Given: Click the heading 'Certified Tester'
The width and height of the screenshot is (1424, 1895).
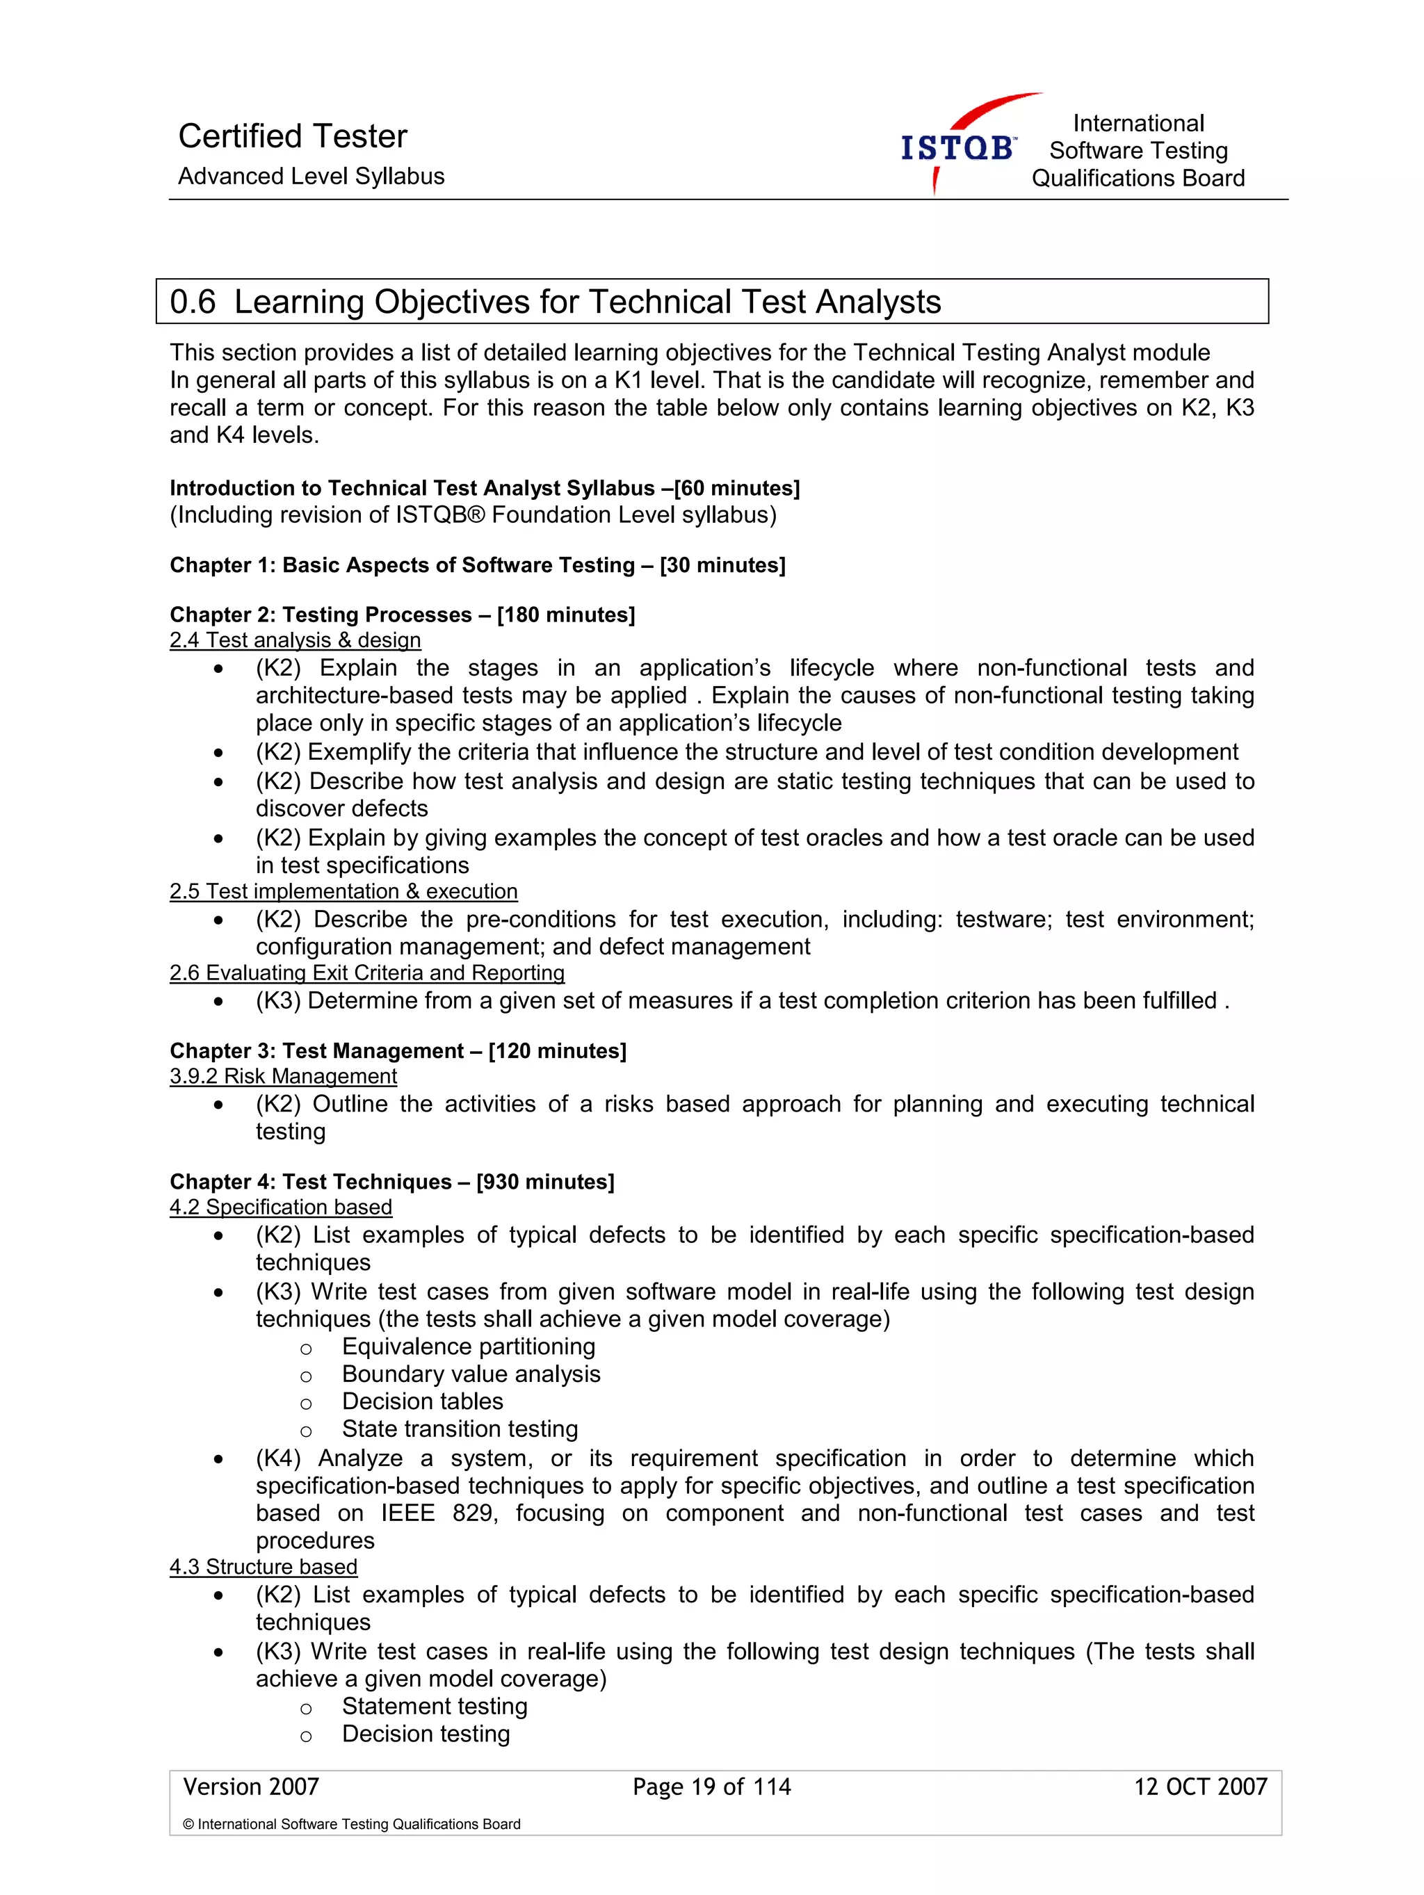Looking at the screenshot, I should [292, 136].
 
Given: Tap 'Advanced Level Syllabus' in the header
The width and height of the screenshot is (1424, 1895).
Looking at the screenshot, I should [311, 177].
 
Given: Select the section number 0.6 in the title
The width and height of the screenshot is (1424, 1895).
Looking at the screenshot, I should [192, 302].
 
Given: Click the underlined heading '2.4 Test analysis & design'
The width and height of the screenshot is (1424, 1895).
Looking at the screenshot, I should [295, 640].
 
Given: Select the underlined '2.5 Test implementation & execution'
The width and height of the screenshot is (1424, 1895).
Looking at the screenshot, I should [343, 891].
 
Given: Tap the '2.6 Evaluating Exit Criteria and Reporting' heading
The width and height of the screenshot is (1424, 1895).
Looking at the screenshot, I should [366, 973].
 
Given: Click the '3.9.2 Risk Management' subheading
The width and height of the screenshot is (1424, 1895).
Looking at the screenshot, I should [283, 1076].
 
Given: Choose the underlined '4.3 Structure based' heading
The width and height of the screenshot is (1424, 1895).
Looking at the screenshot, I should [263, 1567].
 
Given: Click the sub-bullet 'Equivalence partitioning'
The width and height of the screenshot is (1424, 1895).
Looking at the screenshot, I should [468, 1347].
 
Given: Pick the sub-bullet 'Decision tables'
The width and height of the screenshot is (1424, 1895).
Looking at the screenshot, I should [422, 1401].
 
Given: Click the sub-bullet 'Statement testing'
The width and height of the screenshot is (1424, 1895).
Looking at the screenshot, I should [435, 1707].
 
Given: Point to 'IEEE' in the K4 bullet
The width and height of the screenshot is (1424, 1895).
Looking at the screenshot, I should [408, 1513].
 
